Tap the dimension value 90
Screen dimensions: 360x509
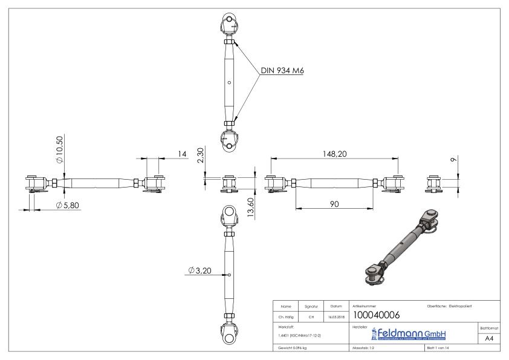(x=334, y=204)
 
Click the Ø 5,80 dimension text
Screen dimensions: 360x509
(x=67, y=205)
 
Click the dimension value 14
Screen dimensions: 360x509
(x=181, y=154)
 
